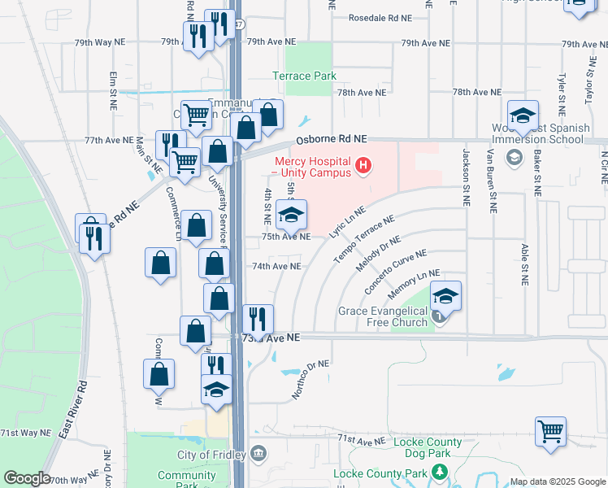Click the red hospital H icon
point(363,167)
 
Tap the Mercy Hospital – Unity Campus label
point(311,167)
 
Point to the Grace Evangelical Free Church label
point(383,316)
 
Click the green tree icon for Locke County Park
point(440,472)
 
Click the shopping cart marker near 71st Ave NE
point(551,431)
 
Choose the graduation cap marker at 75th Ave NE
point(291,216)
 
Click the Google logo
point(27,478)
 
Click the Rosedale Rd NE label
point(380,17)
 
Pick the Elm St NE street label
point(113,90)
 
